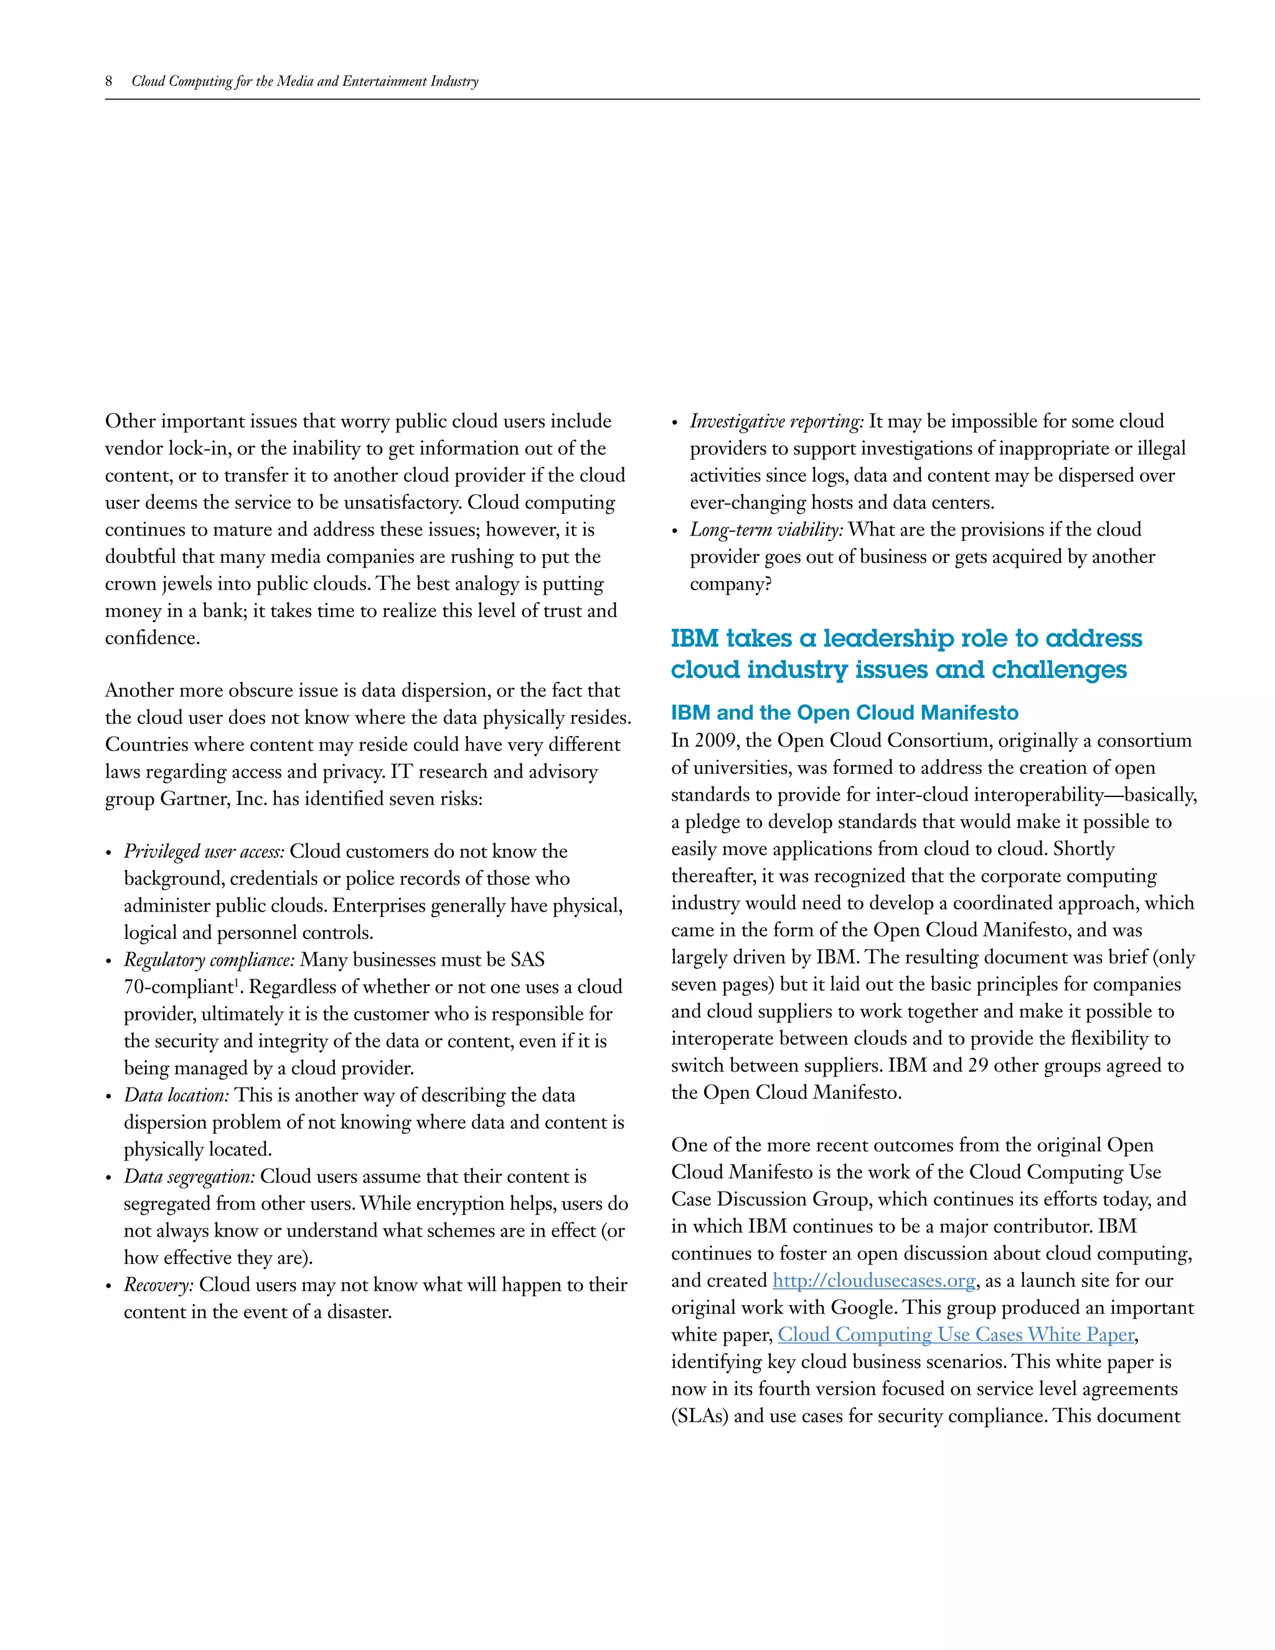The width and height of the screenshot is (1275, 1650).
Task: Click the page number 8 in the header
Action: tap(109, 81)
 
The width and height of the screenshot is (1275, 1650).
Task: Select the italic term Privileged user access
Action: tap(204, 851)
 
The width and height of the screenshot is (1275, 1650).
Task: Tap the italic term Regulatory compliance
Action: tap(209, 959)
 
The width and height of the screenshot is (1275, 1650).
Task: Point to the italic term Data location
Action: tap(176, 1095)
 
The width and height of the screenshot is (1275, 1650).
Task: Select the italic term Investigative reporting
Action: tap(776, 421)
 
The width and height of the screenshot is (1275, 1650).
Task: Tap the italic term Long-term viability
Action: tap(766, 530)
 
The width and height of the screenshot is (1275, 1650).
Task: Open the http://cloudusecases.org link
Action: tap(874, 1281)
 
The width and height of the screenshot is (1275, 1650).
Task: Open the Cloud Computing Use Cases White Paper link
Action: tap(956, 1335)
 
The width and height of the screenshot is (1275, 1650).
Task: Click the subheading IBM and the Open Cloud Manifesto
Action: tap(844, 712)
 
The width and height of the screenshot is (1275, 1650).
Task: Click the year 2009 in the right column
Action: tap(714, 740)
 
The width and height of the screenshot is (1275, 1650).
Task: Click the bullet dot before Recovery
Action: tap(110, 1286)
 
